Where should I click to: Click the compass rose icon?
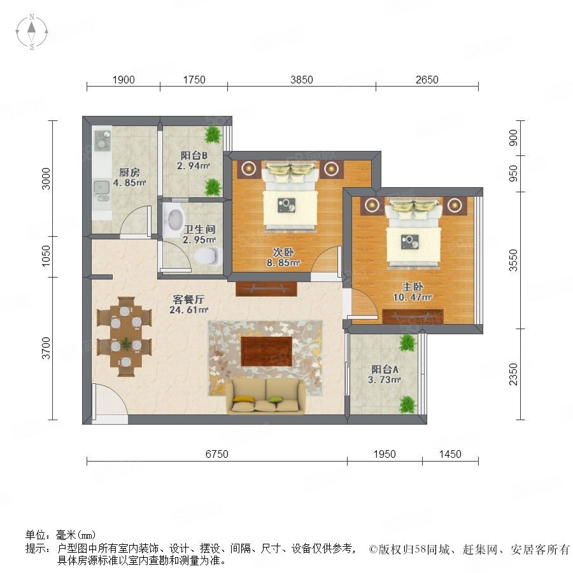pyautogui.click(x=32, y=32)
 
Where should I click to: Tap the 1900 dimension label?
pyautogui.click(x=124, y=80)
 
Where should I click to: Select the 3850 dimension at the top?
pyautogui.click(x=302, y=80)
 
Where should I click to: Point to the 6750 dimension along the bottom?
pyautogui.click(x=216, y=454)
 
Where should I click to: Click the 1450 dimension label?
pyautogui.click(x=450, y=454)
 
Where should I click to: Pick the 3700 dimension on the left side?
pyautogui.click(x=46, y=348)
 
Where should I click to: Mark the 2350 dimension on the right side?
pyautogui.click(x=513, y=374)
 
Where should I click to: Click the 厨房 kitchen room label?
pyautogui.click(x=129, y=172)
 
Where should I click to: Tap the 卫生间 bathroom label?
pyautogui.click(x=199, y=229)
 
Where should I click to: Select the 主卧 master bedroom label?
pyautogui.click(x=413, y=287)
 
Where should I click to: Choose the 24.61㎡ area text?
pyautogui.click(x=189, y=310)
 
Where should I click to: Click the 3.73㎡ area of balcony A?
pyautogui.click(x=385, y=379)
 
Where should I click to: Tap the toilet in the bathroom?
pyautogui.click(x=209, y=255)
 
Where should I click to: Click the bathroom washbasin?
pyautogui.click(x=173, y=219)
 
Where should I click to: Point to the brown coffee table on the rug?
pyautogui.click(x=266, y=351)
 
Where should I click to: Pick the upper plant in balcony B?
pyautogui.click(x=213, y=135)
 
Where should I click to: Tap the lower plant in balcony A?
pyautogui.click(x=408, y=405)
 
